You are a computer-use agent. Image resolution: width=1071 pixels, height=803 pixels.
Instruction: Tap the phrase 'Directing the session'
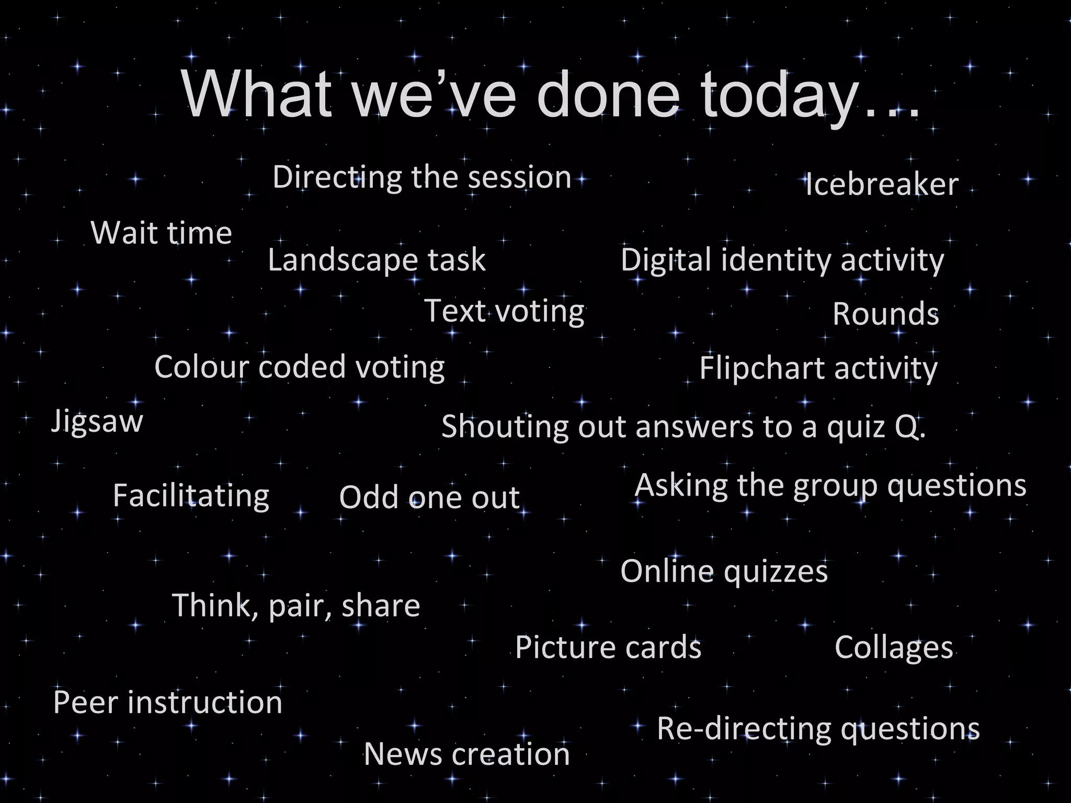[x=421, y=177]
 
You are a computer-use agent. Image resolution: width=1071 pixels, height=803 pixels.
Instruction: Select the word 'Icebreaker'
[x=882, y=185]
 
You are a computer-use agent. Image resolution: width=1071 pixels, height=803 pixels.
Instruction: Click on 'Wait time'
[x=161, y=233]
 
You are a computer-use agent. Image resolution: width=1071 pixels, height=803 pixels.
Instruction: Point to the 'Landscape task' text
[x=377, y=260]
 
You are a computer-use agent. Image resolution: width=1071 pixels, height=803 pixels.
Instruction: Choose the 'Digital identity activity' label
[x=782, y=260]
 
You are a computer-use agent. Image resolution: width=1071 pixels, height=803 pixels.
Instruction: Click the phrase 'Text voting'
[x=504, y=311]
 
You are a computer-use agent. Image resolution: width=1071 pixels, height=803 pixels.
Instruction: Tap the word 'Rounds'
[x=885, y=314]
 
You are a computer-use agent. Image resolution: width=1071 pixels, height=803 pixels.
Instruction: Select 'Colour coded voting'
[x=299, y=367]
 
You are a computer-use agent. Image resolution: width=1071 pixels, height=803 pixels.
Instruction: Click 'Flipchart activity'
[x=818, y=369]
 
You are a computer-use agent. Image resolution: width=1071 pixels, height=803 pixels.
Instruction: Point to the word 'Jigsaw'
[x=97, y=421]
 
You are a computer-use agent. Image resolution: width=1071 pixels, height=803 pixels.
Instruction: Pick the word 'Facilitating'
[x=191, y=496]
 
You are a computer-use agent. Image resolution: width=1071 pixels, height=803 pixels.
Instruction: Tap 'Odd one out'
[x=429, y=497]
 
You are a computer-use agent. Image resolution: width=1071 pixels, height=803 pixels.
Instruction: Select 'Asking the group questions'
[x=830, y=486]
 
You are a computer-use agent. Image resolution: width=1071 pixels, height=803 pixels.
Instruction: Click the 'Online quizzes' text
[x=724, y=571]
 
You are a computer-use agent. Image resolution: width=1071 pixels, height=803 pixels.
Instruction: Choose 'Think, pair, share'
[x=296, y=605]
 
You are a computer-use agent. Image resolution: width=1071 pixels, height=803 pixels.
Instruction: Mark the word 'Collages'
[x=894, y=648]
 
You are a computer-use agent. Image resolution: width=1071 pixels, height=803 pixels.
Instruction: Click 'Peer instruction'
[x=168, y=702]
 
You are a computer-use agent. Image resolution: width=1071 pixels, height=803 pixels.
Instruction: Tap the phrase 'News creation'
[x=466, y=754]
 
